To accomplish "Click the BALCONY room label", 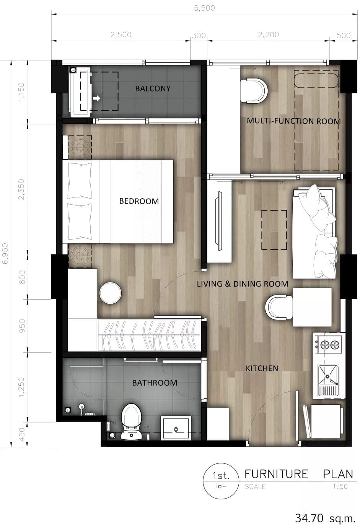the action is point(153,88).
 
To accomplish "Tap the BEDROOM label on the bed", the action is point(139,201).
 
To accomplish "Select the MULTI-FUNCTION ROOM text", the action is point(294,121).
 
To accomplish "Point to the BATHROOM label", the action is point(155,383).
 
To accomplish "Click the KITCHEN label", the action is point(262,368).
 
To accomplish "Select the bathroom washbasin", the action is point(176,428).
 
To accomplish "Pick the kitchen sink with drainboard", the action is point(328,380).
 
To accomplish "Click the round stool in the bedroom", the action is point(111,293).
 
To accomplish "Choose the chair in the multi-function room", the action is point(254,91).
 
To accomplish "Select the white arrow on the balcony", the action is point(96,98).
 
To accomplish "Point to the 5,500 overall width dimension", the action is point(204,8).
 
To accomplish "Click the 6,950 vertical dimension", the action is point(5,253).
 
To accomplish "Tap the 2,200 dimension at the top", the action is point(269,35).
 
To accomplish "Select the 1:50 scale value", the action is point(340,486).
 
